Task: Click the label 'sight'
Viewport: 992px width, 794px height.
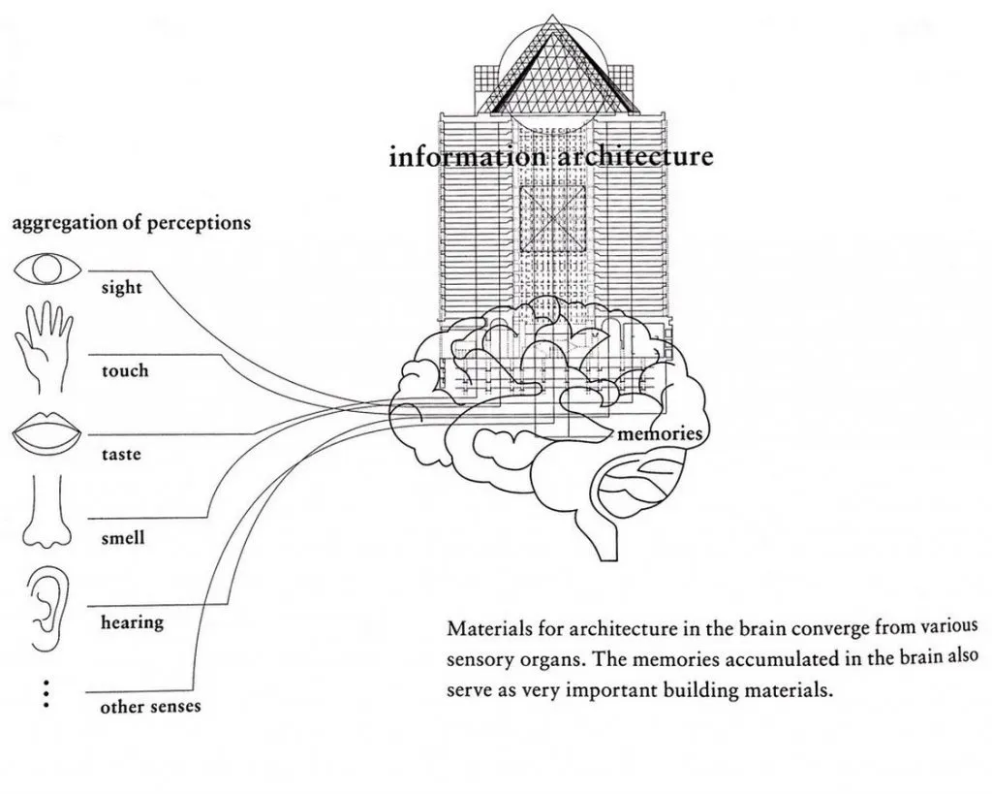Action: coord(121,288)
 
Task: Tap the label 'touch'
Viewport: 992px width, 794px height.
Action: coord(125,370)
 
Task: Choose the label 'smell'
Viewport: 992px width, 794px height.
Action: coord(123,537)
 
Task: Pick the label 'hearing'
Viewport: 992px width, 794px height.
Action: coord(132,621)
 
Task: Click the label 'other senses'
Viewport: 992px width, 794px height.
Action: coord(150,706)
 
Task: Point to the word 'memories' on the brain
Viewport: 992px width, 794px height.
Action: coord(659,433)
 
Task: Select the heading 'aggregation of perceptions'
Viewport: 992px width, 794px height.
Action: coord(131,223)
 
